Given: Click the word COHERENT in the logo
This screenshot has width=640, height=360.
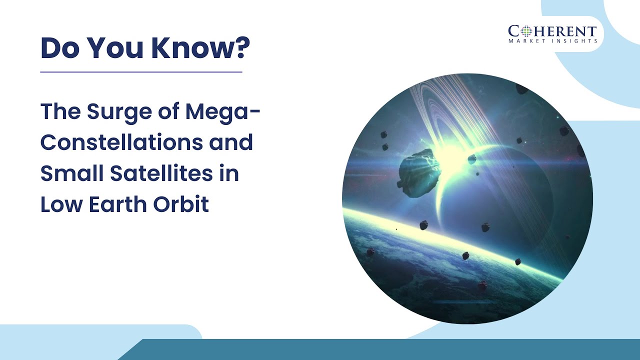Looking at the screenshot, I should coord(552,31).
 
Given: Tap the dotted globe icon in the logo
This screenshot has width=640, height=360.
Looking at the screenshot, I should coord(525,31).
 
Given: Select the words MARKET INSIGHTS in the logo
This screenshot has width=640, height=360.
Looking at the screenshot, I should coord(552,41).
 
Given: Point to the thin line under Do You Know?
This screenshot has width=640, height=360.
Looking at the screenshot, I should coord(141,72).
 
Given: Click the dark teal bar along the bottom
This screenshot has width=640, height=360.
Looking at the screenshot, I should coord(380,349).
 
